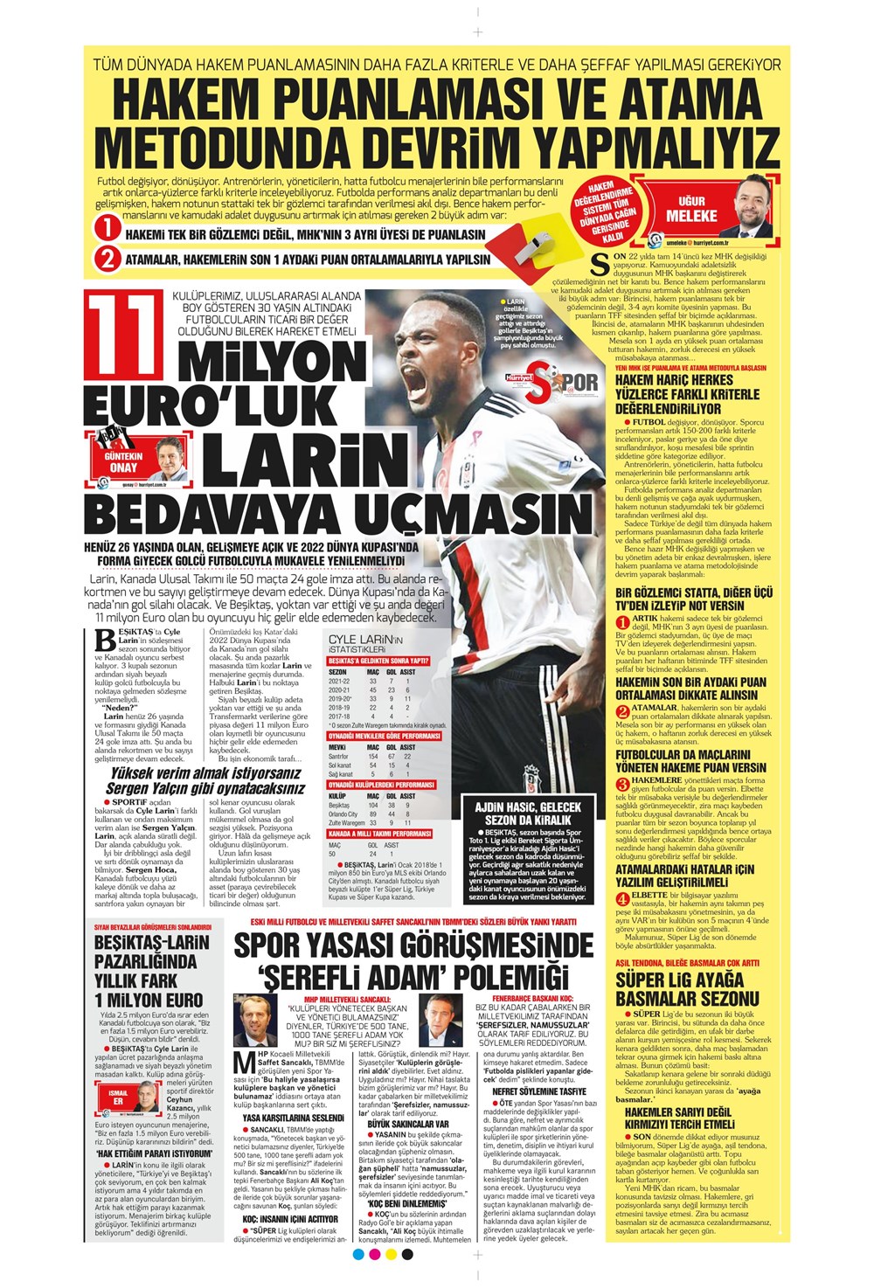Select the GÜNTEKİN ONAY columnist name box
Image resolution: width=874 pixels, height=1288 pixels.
[x=123, y=461]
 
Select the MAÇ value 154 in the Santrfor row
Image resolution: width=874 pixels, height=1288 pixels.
[x=372, y=757]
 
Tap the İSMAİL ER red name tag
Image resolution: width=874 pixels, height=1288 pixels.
[x=118, y=1097]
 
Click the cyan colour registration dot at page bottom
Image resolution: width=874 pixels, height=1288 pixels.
[x=357, y=1255]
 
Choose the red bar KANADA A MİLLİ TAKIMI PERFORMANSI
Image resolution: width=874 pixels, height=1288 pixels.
[x=380, y=834]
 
